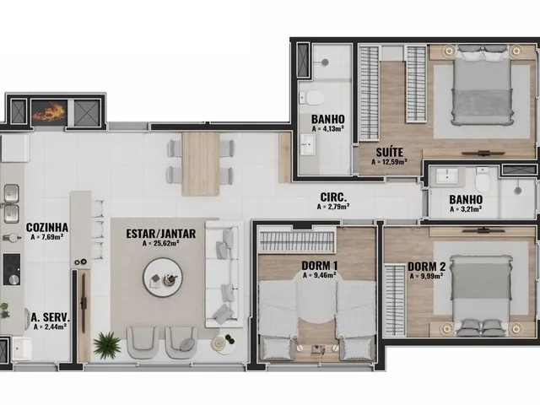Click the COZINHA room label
coord(47,227)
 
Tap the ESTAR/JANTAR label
coord(161,234)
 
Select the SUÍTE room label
coord(390,152)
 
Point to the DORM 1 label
coord(320,266)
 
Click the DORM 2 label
coord(427,267)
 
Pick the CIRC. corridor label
coord(333,197)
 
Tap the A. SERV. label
coord(51,317)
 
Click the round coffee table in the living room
coord(163,278)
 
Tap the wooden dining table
coord(201,165)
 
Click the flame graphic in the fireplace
coord(49,111)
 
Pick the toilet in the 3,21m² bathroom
coord(482,179)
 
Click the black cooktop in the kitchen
coord(12,269)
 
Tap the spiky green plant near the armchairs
coord(107,345)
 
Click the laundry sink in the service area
coord(23,348)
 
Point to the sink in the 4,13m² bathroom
coord(307,144)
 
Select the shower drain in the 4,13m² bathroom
coord(325,62)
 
